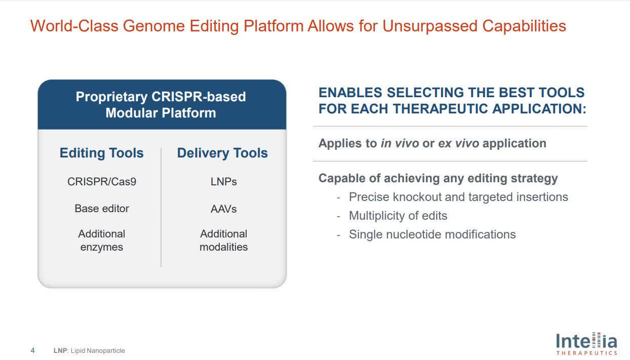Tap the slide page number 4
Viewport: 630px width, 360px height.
pos(33,350)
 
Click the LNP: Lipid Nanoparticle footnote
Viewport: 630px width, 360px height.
pos(89,350)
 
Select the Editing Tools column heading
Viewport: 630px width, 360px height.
pos(101,153)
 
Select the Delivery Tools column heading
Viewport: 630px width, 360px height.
pos(222,153)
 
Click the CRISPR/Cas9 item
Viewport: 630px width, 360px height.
pos(102,181)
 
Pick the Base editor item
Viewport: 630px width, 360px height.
pos(102,208)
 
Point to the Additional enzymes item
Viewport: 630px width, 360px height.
pos(102,241)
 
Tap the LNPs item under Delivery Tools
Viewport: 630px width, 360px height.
pos(223,181)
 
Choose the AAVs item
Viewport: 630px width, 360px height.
pos(223,208)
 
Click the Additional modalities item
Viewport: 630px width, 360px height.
pos(223,241)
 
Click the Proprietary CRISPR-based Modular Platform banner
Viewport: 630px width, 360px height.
pos(161,104)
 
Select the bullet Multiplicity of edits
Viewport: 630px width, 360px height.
pos(398,216)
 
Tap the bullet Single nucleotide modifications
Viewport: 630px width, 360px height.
pos(432,234)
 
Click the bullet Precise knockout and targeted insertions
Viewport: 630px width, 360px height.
pos(458,197)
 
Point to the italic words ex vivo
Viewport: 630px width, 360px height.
pos(458,143)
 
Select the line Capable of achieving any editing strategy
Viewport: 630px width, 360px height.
pos(438,178)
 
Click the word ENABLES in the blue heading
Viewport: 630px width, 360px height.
pos(349,93)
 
